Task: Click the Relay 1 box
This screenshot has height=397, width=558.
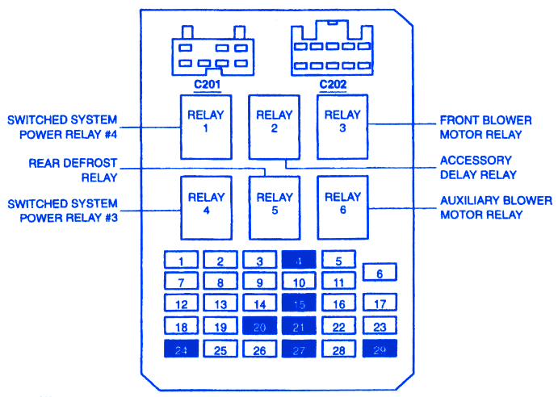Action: click(205, 126)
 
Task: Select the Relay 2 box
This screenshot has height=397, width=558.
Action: click(274, 126)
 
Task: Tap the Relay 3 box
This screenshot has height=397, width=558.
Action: click(342, 126)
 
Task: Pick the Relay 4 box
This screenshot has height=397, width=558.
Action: click(205, 208)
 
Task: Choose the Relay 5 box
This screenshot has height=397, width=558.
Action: click(274, 208)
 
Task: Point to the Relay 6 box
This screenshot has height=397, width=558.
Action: click(342, 208)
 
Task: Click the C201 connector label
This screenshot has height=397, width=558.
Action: click(208, 84)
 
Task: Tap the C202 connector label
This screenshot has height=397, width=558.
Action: click(333, 84)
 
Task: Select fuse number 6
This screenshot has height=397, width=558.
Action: click(380, 273)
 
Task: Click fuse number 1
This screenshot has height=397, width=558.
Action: click(182, 261)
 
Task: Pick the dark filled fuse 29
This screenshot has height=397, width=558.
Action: click(380, 349)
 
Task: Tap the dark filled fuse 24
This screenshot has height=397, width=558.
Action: click(182, 350)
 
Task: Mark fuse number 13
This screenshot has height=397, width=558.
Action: click(220, 305)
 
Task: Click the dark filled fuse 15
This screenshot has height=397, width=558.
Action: click(299, 305)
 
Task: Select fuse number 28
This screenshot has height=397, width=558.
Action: click(338, 350)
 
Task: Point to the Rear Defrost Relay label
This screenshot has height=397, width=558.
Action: click(73, 169)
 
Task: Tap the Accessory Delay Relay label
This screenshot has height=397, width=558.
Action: click(478, 167)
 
